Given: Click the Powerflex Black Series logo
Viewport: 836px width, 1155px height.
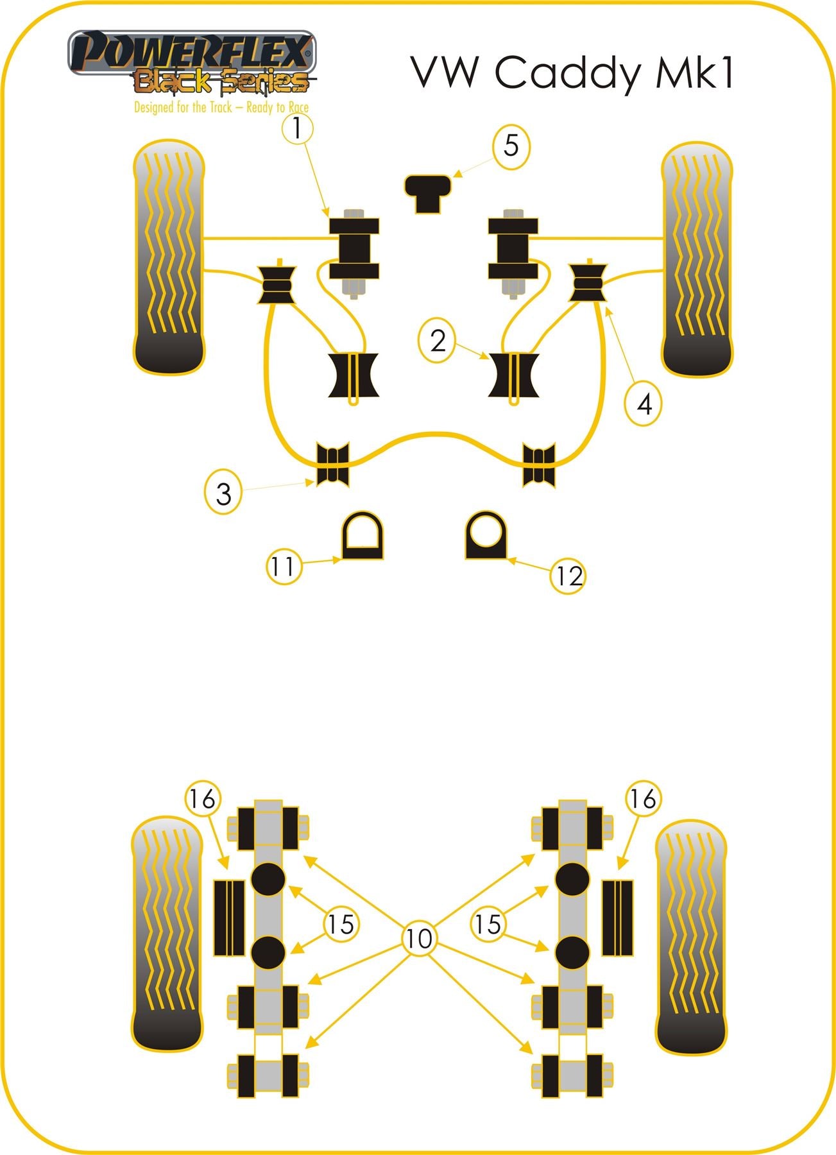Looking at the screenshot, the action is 192,71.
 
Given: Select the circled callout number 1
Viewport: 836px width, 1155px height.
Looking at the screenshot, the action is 297,128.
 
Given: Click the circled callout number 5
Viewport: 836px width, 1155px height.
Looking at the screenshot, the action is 511,146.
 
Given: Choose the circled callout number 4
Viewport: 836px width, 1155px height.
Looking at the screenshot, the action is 644,404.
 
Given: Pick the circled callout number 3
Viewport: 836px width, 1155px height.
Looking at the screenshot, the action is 223,493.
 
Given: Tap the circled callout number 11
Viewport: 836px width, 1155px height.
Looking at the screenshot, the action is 284,567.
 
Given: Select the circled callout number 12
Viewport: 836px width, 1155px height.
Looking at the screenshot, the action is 568,576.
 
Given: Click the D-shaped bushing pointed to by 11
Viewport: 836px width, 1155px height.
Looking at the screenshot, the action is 361,536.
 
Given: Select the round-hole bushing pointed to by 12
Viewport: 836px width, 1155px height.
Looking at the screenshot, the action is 487,536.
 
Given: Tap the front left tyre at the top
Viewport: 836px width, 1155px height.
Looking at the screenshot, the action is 169,258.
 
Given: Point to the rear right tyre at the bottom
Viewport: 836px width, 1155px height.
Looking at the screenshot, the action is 692,937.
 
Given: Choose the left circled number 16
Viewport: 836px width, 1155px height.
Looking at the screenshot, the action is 203,800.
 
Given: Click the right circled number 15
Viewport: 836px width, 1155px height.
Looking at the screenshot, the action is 488,924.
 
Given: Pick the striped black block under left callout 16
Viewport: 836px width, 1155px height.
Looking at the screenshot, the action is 228,918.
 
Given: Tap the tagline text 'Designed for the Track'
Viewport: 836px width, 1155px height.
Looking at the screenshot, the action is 183,107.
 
